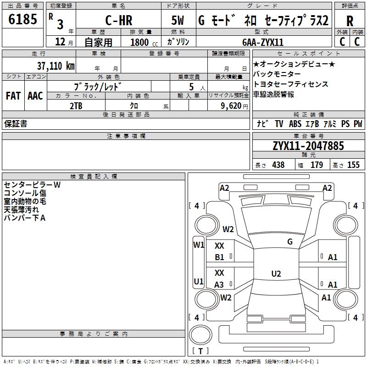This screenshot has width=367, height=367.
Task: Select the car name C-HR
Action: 118,21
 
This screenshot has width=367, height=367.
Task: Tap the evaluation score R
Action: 350,21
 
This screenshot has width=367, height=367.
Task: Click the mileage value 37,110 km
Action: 56,66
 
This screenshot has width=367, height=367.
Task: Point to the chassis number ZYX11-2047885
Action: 308,146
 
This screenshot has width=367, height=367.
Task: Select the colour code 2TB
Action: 76,106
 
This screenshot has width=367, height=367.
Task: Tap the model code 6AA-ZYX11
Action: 263,42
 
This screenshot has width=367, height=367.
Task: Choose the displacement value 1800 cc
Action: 143,42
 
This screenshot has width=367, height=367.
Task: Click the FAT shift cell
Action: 13,96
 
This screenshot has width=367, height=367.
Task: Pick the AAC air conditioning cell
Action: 35,96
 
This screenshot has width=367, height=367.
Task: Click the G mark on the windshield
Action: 289,242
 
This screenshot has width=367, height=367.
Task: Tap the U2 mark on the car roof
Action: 276,274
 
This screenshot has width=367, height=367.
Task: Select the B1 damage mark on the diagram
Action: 219,257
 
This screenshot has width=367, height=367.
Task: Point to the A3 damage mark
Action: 219,285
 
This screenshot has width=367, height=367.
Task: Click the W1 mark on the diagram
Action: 198,245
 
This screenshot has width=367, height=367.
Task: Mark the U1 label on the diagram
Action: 198,281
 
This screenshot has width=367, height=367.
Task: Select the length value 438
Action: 278,165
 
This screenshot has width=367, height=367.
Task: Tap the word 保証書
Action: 16,124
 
